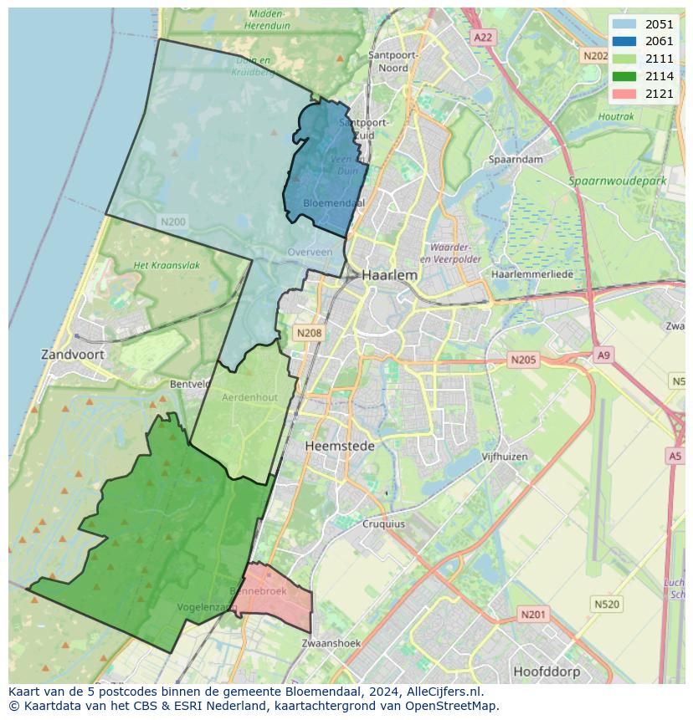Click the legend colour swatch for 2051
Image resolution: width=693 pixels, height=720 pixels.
[x=624, y=24]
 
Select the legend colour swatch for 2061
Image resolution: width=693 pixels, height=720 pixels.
[x=624, y=41]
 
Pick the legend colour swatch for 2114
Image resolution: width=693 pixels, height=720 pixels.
[x=624, y=76]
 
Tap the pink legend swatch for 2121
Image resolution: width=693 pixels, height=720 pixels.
[x=624, y=94]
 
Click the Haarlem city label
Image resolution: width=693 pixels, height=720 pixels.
[x=389, y=274]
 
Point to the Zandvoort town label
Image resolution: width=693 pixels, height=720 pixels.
[x=73, y=355]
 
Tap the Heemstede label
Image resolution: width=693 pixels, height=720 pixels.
[x=340, y=446]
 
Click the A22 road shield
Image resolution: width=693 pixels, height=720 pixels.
[x=483, y=37]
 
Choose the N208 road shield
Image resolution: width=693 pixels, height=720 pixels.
[x=309, y=333]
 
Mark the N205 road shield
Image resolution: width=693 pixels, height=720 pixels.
[x=523, y=360]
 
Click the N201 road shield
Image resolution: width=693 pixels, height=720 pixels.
[x=532, y=615]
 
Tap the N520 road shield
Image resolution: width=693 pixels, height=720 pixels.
[x=606, y=604]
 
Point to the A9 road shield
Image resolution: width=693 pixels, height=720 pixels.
[x=603, y=355]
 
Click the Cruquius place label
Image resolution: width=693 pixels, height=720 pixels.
[x=383, y=524]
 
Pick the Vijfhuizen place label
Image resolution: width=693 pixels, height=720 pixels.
[x=505, y=457]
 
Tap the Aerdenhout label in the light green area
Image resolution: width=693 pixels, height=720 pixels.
[x=249, y=397]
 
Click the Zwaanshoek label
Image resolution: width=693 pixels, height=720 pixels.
[x=331, y=643]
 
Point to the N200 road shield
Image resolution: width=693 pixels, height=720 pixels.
[x=172, y=222]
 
